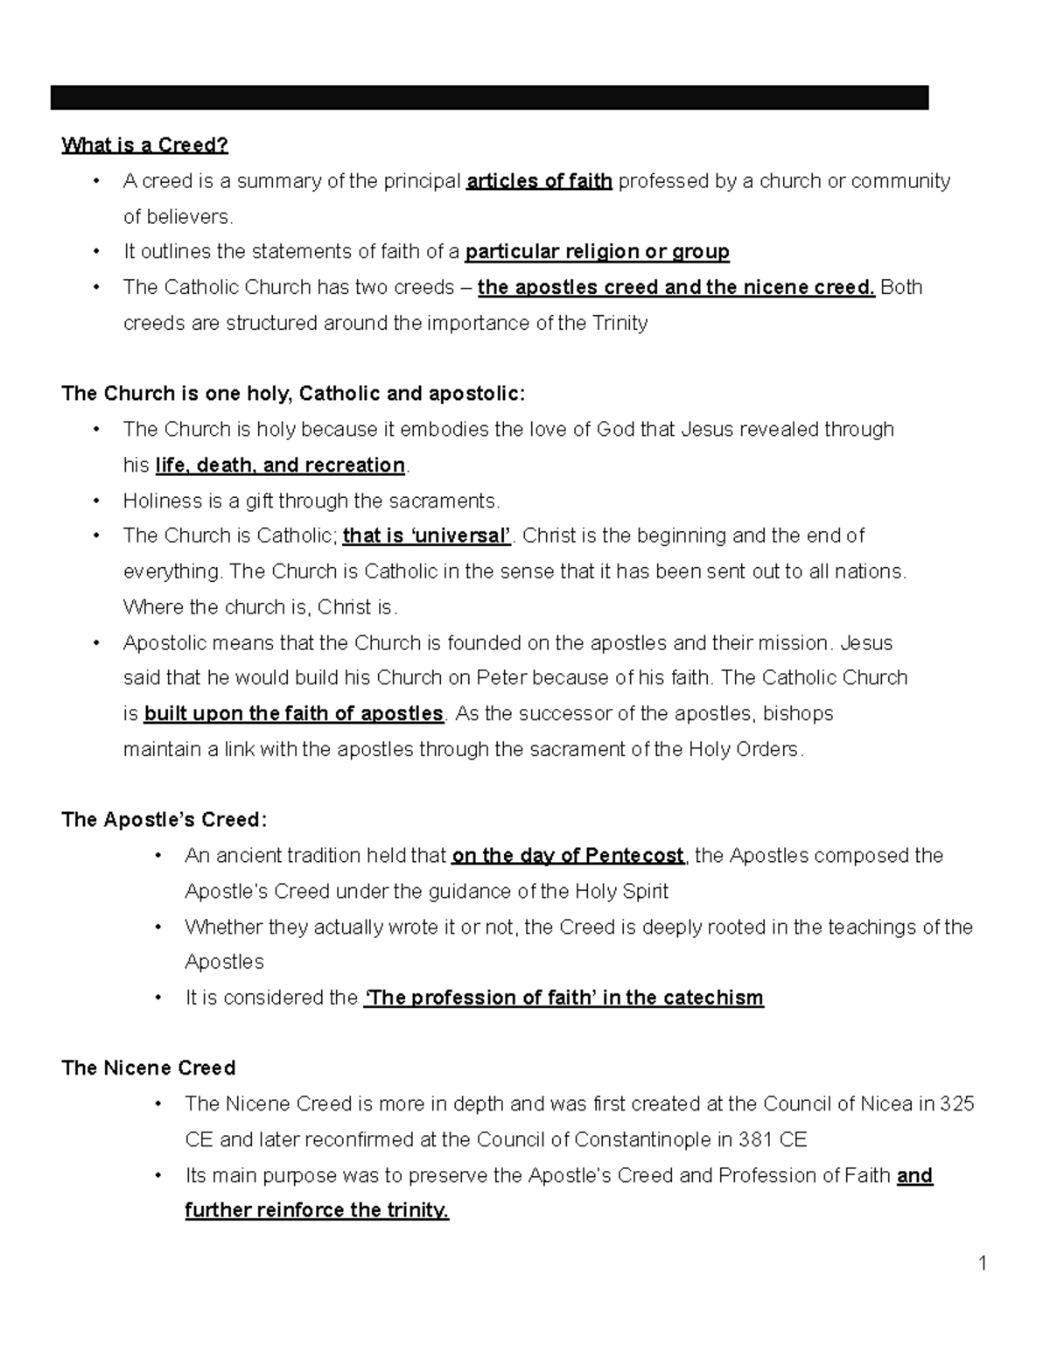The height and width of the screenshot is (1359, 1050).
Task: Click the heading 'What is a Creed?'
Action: (x=144, y=145)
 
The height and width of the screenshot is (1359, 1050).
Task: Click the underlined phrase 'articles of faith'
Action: (x=539, y=181)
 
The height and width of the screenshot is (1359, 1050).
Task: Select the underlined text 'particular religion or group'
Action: (x=597, y=252)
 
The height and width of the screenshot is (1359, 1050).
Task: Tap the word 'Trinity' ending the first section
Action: (x=620, y=323)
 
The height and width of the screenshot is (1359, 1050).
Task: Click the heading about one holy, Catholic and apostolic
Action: (x=293, y=394)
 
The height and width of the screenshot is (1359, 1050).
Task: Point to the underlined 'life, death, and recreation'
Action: (x=280, y=465)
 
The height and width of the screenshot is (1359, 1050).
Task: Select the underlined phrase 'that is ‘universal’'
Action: (x=427, y=536)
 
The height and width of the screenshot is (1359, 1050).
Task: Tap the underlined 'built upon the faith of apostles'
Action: (x=293, y=713)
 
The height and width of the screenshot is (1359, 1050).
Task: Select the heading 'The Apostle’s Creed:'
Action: (x=164, y=820)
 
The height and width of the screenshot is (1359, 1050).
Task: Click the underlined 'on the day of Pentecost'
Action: (x=567, y=855)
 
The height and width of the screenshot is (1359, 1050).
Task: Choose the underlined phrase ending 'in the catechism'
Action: (x=563, y=998)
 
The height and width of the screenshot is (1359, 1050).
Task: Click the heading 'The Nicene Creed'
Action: (x=149, y=1068)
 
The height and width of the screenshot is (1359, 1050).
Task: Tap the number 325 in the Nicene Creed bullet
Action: (x=956, y=1103)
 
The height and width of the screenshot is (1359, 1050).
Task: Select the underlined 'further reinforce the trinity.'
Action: (x=317, y=1210)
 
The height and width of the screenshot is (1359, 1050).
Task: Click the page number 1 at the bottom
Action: (x=983, y=1263)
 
